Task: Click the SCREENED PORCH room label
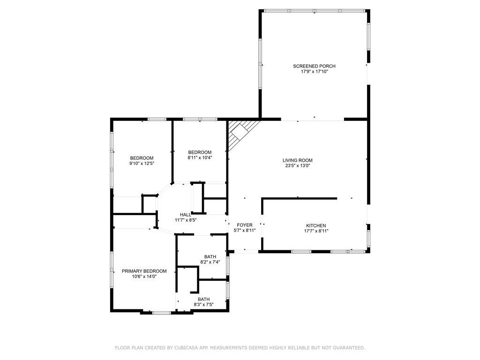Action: pyautogui.click(x=314, y=66)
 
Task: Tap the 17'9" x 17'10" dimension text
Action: pyautogui.click(x=315, y=72)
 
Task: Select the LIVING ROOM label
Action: pyautogui.click(x=297, y=160)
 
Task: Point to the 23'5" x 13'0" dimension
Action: pyautogui.click(x=297, y=166)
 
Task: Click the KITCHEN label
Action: pyautogui.click(x=316, y=225)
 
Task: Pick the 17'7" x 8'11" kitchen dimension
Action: pyautogui.click(x=316, y=231)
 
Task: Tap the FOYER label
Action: pyautogui.click(x=245, y=225)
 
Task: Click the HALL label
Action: pyautogui.click(x=186, y=215)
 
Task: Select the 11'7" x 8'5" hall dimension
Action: pyautogui.click(x=186, y=220)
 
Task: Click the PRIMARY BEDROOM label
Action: pyautogui.click(x=144, y=271)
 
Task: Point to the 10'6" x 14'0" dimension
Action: pyautogui.click(x=144, y=277)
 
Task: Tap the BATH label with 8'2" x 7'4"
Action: pyautogui.click(x=210, y=257)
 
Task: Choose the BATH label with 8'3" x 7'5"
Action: pyautogui.click(x=203, y=300)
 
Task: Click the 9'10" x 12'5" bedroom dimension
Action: pyautogui.click(x=142, y=164)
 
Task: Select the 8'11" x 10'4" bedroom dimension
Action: pyautogui.click(x=200, y=158)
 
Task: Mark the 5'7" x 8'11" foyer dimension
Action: pyautogui.click(x=245, y=231)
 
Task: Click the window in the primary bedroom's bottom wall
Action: pyautogui.click(x=162, y=313)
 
